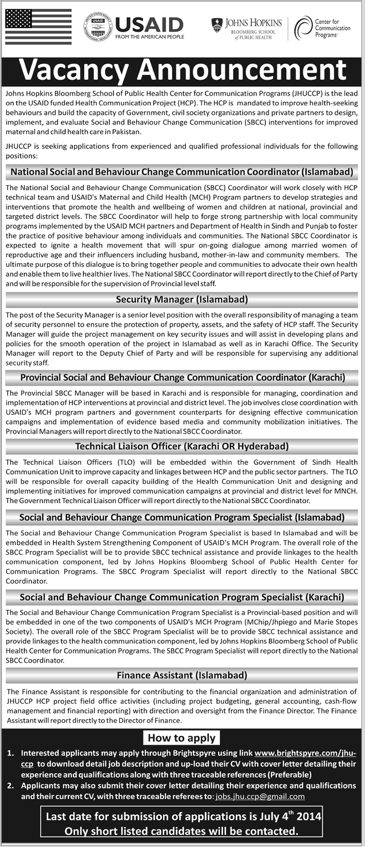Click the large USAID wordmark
point(149,25)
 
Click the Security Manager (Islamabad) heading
point(182,299)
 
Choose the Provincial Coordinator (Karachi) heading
point(182,378)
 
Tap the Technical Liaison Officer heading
point(182,446)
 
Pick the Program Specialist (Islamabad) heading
point(182,518)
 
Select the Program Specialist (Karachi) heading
point(182,597)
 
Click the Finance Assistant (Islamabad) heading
point(182,676)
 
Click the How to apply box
point(182,738)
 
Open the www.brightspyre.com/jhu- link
point(305,753)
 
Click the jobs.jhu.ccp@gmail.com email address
point(260,796)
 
